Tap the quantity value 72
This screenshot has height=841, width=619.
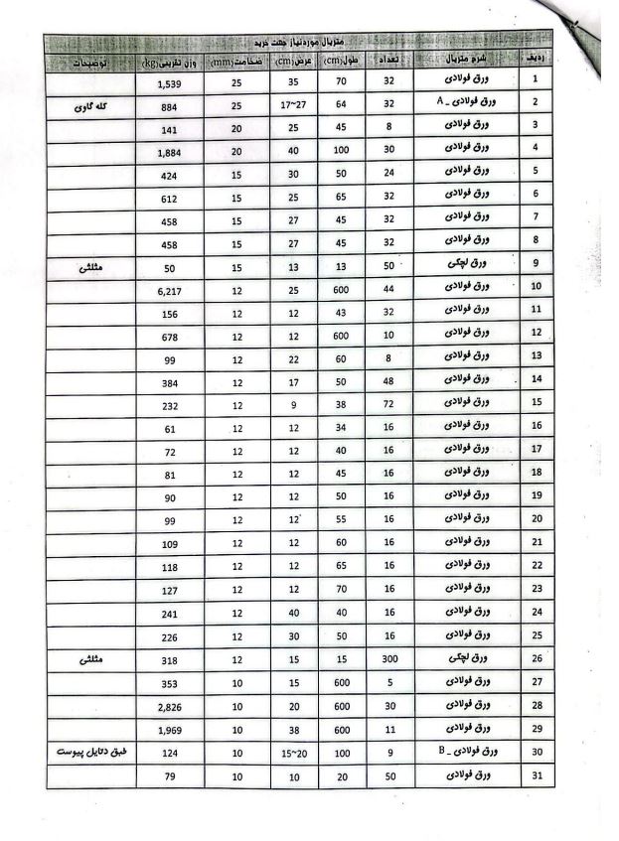coord(391,404)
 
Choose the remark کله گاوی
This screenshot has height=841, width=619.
coord(90,105)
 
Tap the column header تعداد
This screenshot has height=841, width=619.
coord(391,62)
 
